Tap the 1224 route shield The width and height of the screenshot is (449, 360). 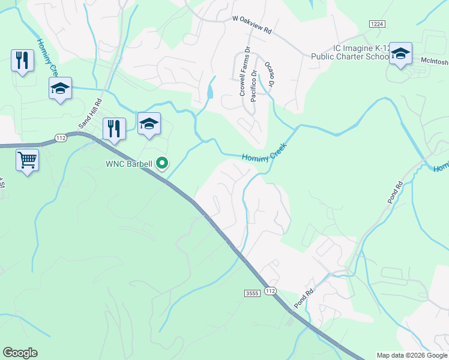tap(376, 23)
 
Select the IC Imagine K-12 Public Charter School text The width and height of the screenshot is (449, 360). tap(350, 52)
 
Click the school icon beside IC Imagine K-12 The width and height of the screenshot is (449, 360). tap(400, 55)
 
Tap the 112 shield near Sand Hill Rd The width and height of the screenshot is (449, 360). tap(60, 137)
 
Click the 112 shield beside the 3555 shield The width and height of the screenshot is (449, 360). tap(270, 291)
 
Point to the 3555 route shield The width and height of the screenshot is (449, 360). tap(252, 293)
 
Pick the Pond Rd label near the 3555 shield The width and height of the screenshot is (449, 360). tap(304, 299)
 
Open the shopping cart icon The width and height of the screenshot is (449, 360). tap(27, 160)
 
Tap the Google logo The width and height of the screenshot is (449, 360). tap(20, 353)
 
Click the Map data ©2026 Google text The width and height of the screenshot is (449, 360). tap(412, 355)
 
